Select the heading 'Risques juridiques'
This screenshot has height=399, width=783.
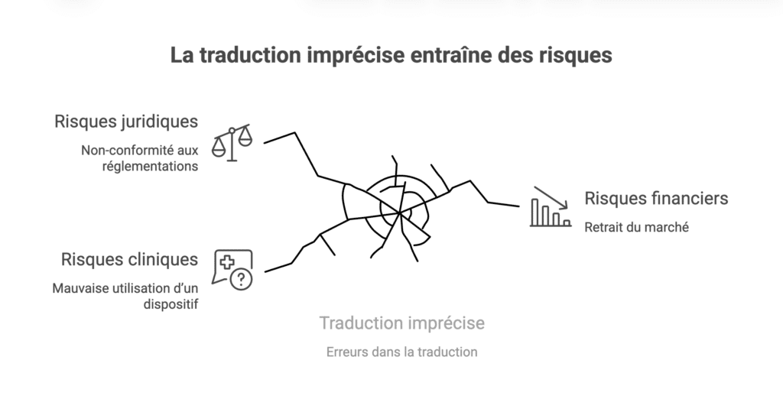click(126, 122)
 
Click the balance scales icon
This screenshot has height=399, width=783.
click(232, 143)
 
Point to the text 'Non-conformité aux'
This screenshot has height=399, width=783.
click(140, 150)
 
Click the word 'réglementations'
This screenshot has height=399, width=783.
click(149, 166)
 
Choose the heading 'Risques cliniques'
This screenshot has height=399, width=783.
click(129, 260)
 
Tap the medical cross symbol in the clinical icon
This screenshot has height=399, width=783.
click(227, 262)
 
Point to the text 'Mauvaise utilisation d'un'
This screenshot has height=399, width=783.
click(125, 288)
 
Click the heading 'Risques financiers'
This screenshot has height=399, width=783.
click(656, 199)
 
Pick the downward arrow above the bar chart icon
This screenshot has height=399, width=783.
click(551, 196)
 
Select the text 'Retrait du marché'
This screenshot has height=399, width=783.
click(637, 226)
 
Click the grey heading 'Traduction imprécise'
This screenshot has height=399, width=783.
click(401, 323)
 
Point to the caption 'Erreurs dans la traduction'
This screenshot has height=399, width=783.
click(401, 352)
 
